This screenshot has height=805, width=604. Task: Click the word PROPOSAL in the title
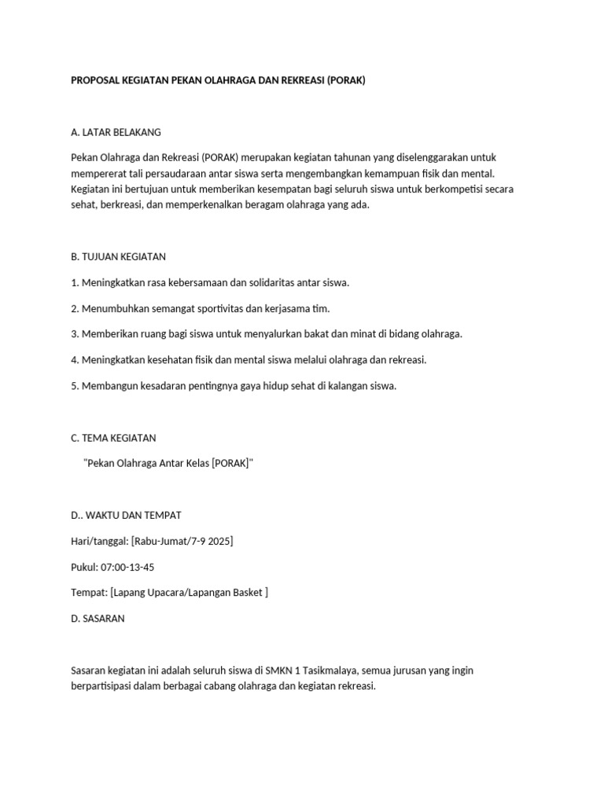coord(95,81)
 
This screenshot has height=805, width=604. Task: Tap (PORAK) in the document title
coord(343,81)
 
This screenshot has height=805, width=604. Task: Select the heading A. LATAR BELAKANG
coord(116,131)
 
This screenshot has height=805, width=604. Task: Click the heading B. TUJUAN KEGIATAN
coord(118,256)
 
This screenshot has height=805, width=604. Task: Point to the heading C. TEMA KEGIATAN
coord(113,438)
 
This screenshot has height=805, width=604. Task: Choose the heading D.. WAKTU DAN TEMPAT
coord(126,515)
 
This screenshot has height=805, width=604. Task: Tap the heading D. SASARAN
coord(98,618)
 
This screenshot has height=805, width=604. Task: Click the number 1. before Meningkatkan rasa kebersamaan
coord(75,282)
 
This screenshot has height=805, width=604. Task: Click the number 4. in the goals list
coord(75,360)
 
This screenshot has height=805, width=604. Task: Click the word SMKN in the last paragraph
coord(260,670)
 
